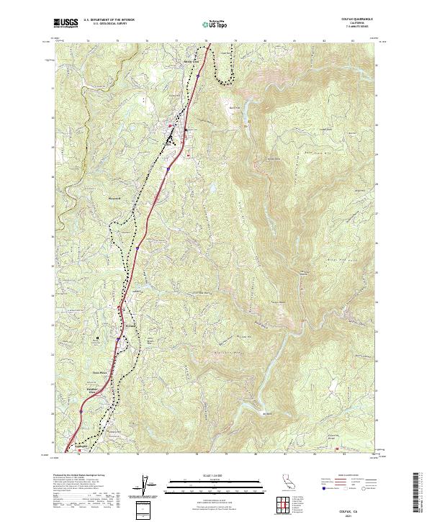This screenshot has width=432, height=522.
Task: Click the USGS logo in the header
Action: (66, 24)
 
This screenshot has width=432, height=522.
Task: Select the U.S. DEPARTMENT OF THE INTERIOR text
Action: (109, 20)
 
